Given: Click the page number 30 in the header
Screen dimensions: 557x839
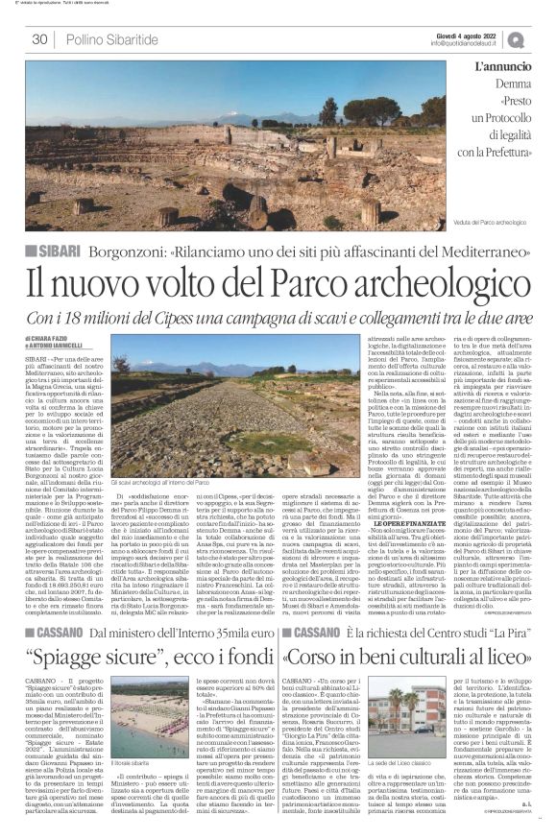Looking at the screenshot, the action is [x=39, y=39].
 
